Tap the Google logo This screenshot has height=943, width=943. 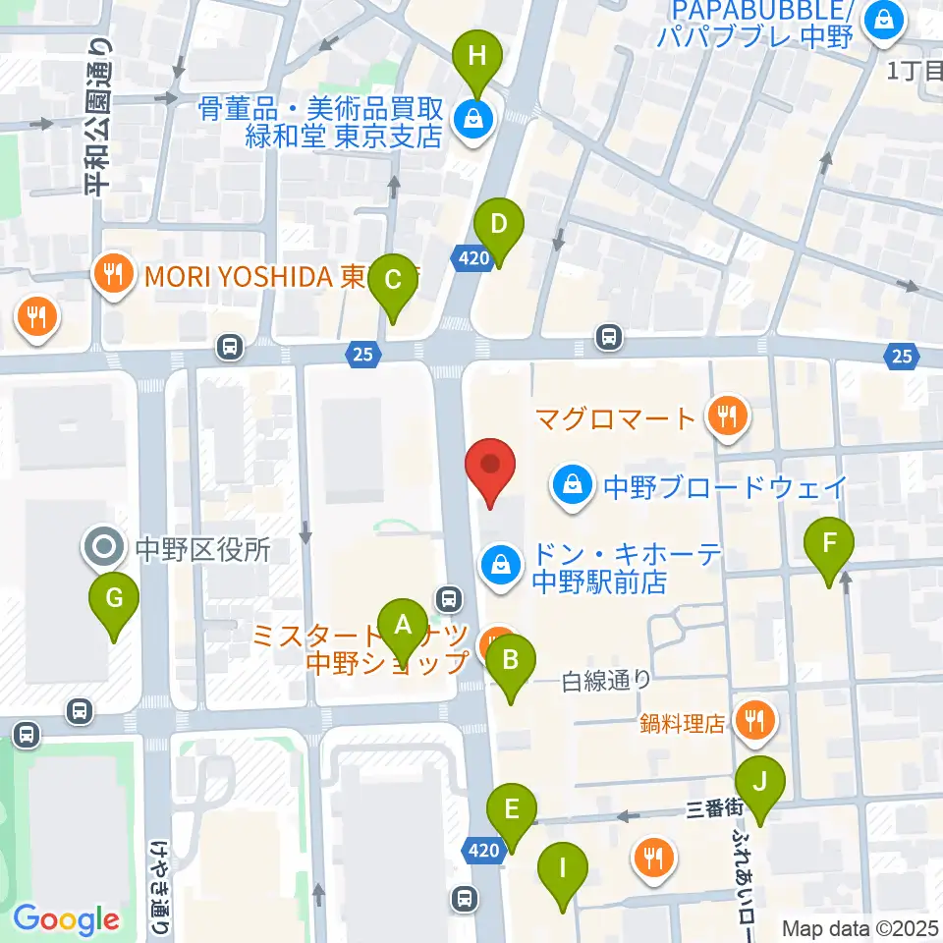(66, 920)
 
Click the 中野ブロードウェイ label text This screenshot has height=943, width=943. (724, 485)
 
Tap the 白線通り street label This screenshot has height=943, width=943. (607, 678)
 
